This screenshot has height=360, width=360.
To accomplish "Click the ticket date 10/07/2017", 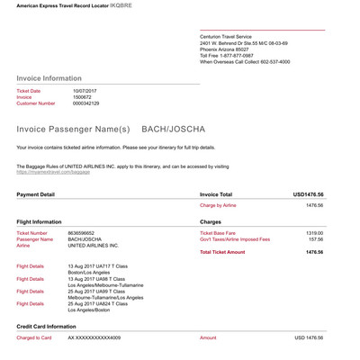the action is (x=85, y=91).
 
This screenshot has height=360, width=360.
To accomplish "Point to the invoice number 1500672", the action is (x=83, y=97).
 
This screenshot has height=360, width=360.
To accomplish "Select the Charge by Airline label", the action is (x=218, y=205).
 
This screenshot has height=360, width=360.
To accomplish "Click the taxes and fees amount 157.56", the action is (x=314, y=238).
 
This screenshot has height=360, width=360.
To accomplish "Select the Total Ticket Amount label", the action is (x=222, y=252).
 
